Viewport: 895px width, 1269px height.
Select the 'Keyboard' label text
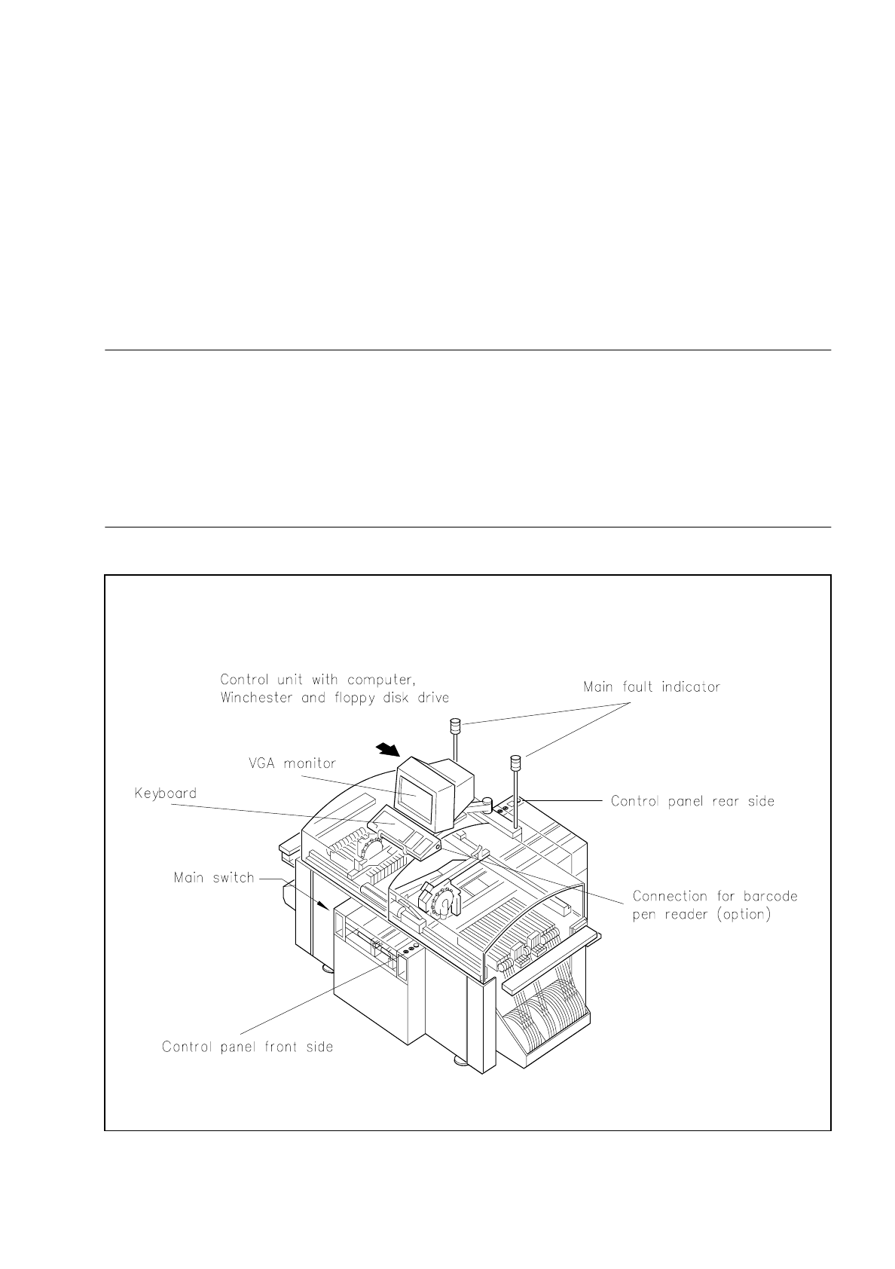click(x=165, y=794)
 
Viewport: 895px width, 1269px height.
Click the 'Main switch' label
click(x=214, y=878)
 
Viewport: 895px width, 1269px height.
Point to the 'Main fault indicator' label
click(x=651, y=687)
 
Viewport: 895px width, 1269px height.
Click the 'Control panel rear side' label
click(x=692, y=801)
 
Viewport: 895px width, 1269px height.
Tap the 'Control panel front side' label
click(x=247, y=1047)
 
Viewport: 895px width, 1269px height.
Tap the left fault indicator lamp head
click(x=454, y=726)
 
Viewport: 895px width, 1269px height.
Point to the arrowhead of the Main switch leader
click(x=325, y=906)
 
